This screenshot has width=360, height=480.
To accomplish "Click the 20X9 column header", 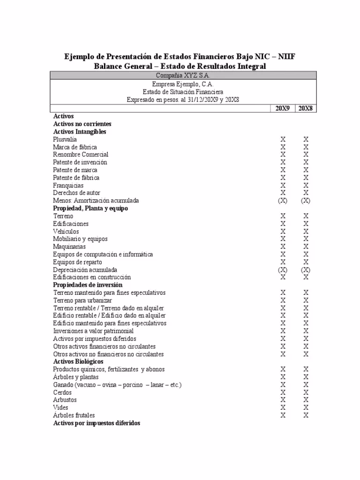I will point(283,108).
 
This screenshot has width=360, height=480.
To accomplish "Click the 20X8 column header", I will point(306,108).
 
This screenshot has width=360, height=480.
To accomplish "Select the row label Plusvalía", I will point(65,139).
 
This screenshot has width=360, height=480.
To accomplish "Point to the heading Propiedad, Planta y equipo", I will point(90,208).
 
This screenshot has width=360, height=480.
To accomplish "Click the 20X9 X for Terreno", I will point(283,216).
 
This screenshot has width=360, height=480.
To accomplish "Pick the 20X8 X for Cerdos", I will point(306,392).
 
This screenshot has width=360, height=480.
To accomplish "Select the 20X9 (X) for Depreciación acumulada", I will point(283,270).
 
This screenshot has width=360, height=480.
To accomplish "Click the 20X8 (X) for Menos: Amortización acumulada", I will point(306,201).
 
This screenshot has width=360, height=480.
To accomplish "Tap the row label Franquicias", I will point(68,185).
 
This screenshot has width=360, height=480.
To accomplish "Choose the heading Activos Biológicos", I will point(78,362).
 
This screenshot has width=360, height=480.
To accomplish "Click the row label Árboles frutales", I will point(74,415).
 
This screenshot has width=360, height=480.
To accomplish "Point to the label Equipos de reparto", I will point(77,262).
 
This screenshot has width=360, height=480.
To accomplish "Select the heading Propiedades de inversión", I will point(88,285).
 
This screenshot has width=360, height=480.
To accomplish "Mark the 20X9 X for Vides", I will point(283,408).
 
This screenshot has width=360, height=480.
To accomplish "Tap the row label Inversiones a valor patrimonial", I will point(93,331).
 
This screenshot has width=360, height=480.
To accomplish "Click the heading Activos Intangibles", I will point(80,132).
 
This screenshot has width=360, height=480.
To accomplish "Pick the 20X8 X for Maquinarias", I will point(306,247).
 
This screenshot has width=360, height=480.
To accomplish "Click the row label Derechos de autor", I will point(76,193).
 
